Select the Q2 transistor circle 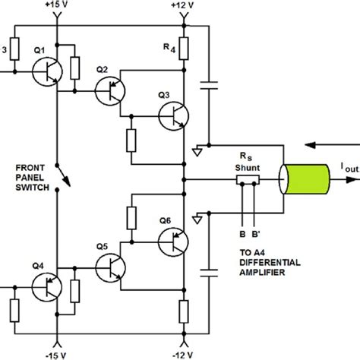(112, 91)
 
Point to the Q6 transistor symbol (173, 242)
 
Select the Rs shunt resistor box (248, 180)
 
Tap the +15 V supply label (55, 5)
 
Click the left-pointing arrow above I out (331, 143)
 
